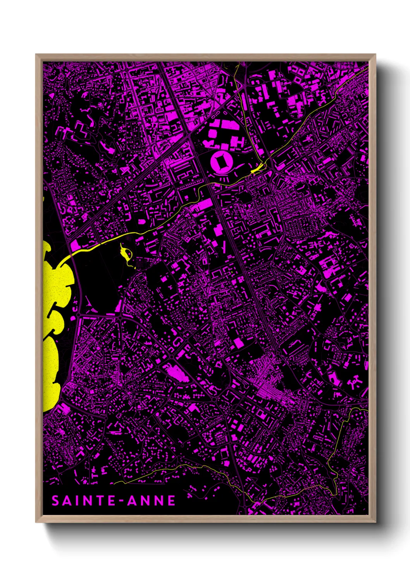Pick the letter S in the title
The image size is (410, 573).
(x=55, y=501)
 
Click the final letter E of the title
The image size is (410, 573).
(x=172, y=501)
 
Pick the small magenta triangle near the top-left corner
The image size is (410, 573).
(x=51, y=95)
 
